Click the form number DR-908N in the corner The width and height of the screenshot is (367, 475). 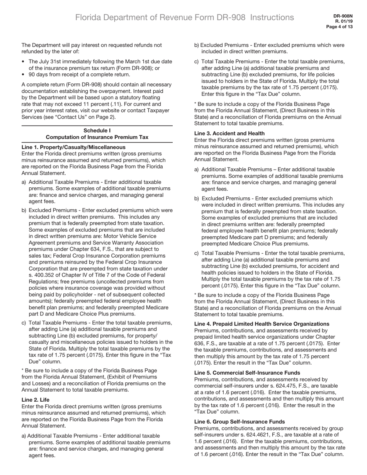pos(343,16)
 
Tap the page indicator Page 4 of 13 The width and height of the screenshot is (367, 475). pos(340,27)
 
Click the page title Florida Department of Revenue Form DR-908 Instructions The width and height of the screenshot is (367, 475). pos(184,17)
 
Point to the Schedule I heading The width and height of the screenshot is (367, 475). pos(97,131)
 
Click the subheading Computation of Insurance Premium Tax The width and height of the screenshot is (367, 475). pos(97,137)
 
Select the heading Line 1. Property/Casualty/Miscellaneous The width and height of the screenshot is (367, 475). pos(73,147)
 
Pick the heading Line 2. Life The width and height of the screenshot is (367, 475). pos(36,400)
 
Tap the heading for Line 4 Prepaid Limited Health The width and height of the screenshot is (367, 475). pos(262,324)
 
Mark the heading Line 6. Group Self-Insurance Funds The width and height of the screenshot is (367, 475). pos(240,422)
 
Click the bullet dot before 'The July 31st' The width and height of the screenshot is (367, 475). pos(24,61)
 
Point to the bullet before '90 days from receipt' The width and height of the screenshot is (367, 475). pos(24,75)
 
